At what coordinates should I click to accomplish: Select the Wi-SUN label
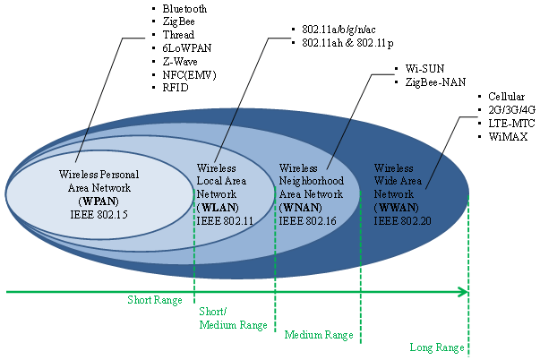pos(425,68)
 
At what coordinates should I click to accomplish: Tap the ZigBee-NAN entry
pos(435,81)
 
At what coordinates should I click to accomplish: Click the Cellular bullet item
pos(507,96)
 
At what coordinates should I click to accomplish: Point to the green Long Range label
pos(436,347)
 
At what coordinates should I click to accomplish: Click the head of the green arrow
pos(463,291)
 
